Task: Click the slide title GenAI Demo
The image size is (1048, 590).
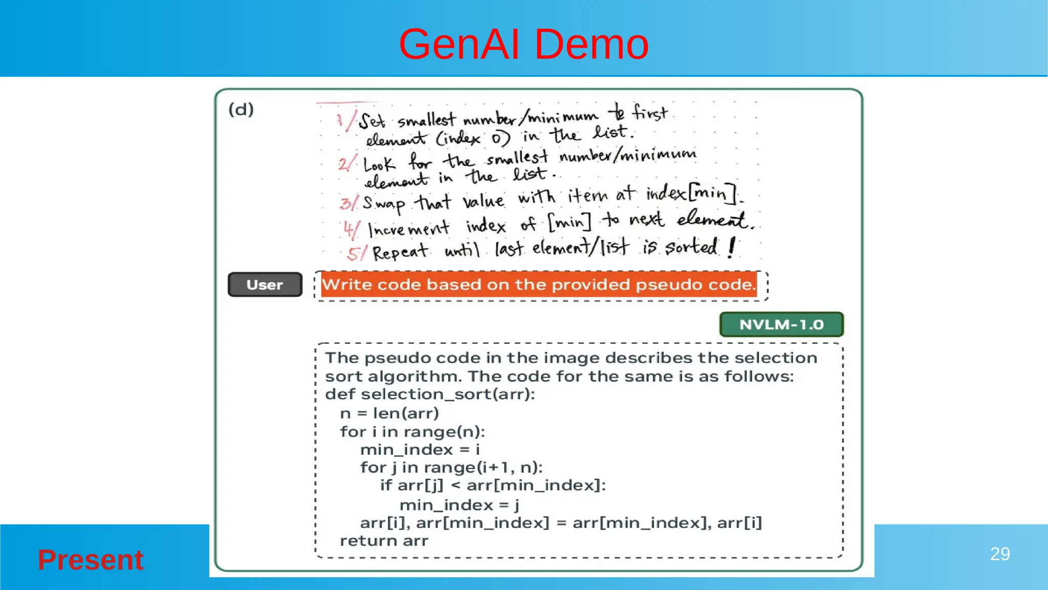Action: click(x=523, y=45)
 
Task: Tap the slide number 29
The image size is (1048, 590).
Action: click(x=999, y=554)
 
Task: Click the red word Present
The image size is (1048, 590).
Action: click(x=91, y=559)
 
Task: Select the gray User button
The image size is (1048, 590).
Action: click(x=265, y=285)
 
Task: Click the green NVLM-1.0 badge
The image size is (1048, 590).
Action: click(x=781, y=325)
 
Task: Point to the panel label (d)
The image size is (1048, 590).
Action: click(x=241, y=110)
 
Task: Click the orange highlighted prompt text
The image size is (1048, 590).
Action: click(x=539, y=285)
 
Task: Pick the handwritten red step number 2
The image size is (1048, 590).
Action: click(x=343, y=164)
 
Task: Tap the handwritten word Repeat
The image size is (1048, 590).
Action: click(x=400, y=252)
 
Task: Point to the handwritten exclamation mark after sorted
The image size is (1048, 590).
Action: click(x=732, y=246)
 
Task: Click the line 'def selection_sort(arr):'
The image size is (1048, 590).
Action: click(x=430, y=394)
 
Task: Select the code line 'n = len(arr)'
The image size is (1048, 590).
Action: click(x=389, y=413)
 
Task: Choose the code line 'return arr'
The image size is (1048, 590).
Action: click(x=384, y=541)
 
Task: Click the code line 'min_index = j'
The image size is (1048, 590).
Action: click(x=459, y=505)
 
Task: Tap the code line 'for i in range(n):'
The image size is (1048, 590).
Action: click(x=412, y=432)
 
